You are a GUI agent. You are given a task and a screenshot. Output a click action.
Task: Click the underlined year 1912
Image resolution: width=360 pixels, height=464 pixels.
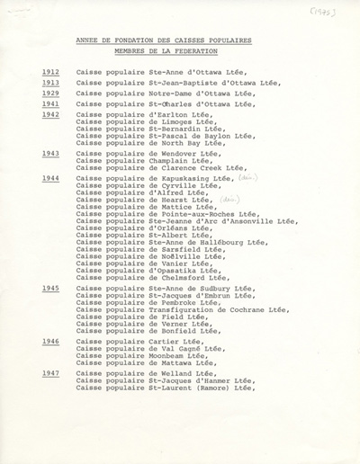[x=50, y=72]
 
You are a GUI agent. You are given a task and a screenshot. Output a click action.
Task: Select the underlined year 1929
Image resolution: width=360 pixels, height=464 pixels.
[x=50, y=93]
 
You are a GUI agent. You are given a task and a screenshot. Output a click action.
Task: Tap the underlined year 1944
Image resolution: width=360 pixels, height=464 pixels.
[x=50, y=178]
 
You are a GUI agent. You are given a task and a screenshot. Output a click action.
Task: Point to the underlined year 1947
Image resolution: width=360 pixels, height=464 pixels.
[x=50, y=373]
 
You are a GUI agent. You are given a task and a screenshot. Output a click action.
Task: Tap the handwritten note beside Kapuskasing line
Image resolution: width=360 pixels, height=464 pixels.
[x=245, y=177]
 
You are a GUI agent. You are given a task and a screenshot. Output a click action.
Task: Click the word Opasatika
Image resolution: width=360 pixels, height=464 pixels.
[x=173, y=270]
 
